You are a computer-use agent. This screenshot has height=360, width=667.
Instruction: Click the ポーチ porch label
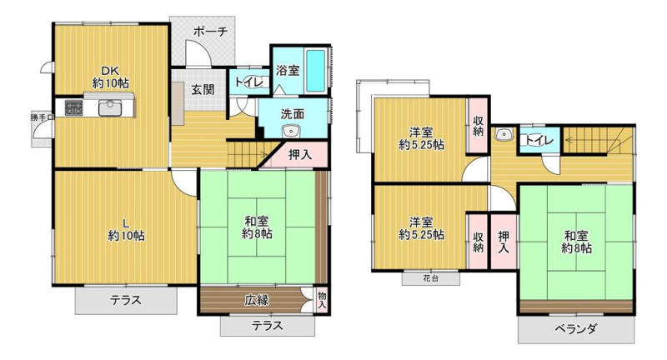point(211,31)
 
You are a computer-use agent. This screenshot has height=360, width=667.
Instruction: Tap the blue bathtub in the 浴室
point(316,71)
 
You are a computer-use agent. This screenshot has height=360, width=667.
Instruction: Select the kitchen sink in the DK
point(110,108)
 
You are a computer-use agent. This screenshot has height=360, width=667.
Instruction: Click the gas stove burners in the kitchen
point(74,108)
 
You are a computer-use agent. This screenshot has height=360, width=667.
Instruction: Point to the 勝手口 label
point(43,117)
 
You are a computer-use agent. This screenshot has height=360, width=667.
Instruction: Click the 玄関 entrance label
point(203,89)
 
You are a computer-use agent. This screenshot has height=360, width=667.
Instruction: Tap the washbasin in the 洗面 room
point(291,131)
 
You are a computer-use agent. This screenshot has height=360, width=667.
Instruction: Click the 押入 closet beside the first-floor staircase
point(300,155)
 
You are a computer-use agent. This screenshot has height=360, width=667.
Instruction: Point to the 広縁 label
point(257,300)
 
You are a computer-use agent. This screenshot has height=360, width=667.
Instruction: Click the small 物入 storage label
point(322,300)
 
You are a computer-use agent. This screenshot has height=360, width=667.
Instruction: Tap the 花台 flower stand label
point(430,279)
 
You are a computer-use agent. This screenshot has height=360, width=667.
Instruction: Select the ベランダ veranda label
point(575,329)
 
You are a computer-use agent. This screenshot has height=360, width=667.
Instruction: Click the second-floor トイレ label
point(539,139)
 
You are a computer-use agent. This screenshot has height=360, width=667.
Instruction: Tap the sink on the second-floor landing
point(504,135)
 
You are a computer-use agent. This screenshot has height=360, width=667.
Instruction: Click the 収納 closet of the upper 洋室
point(478,125)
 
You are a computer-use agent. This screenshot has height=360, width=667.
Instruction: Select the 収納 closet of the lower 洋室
point(478,242)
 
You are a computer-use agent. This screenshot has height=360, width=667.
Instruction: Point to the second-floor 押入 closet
point(504,242)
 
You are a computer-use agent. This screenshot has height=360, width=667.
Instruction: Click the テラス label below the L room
point(126,300)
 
